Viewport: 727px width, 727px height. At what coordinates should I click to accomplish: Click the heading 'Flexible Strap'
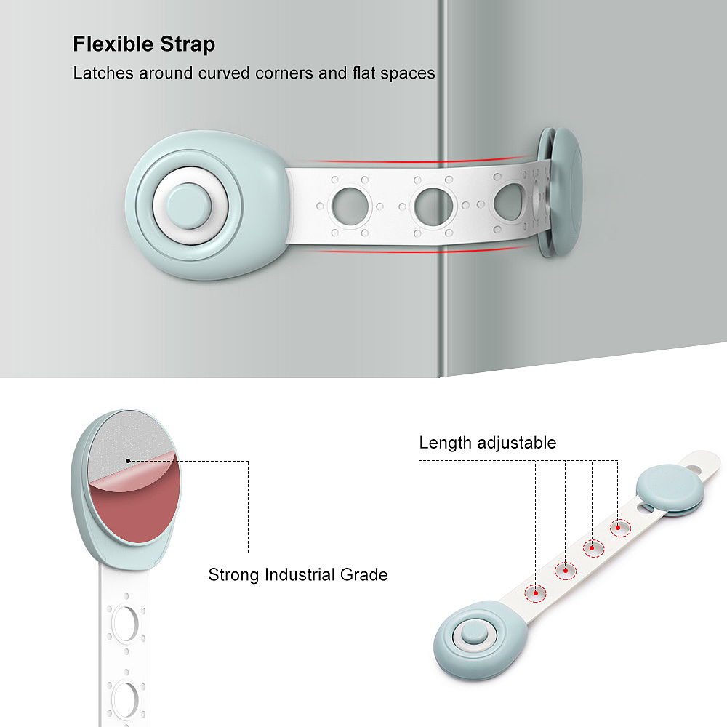[x=144, y=44]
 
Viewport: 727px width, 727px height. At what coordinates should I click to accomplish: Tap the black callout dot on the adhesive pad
[x=128, y=460]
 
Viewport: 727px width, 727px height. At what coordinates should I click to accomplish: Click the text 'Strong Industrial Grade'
[x=298, y=575]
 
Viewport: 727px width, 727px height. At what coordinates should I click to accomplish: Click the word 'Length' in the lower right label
[x=446, y=443]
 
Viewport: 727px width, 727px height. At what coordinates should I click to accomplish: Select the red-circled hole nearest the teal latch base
[x=537, y=593]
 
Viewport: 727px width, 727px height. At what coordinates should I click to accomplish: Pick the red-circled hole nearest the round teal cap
[x=620, y=527]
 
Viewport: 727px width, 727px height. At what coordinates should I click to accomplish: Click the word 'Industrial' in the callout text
[x=300, y=575]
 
